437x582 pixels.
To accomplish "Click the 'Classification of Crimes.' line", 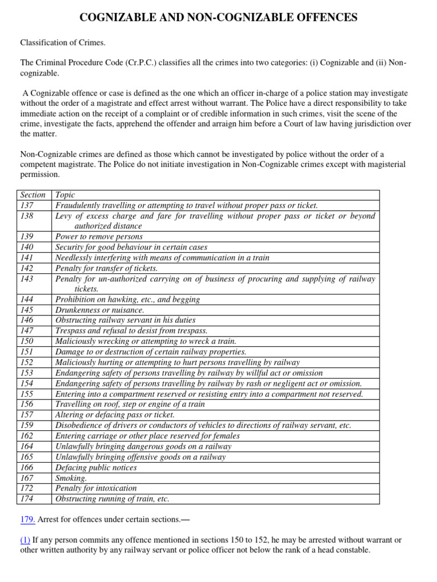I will pyautogui.click(x=63, y=43).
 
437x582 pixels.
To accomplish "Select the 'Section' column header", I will pyautogui.click(x=33, y=195).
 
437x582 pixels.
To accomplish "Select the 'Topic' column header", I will pyautogui.click(x=65, y=195).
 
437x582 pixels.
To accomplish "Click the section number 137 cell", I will pyautogui.click(x=27, y=205).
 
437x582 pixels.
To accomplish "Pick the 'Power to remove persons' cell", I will pyautogui.click(x=99, y=236).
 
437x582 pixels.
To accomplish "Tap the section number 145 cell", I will pyautogui.click(x=27, y=310).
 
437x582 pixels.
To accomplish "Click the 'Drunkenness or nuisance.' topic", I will pyautogui.click(x=100, y=310).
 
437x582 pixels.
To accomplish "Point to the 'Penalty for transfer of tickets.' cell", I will pyautogui.click(x=106, y=268).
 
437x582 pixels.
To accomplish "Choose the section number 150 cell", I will pyautogui.click(x=27, y=341).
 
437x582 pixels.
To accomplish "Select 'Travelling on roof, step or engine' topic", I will pyautogui.click(x=130, y=404).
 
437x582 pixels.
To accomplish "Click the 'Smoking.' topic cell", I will pyautogui.click(x=71, y=478).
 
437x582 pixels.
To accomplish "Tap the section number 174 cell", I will pyautogui.click(x=27, y=499).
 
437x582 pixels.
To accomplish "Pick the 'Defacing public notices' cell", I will pyautogui.click(x=96, y=468).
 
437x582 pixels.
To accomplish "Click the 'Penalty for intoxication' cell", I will pyautogui.click(x=96, y=488).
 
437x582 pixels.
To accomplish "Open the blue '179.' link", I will pyautogui.click(x=28, y=519).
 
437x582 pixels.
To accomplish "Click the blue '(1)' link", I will pyautogui.click(x=26, y=539).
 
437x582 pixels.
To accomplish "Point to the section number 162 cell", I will pyautogui.click(x=27, y=436).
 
